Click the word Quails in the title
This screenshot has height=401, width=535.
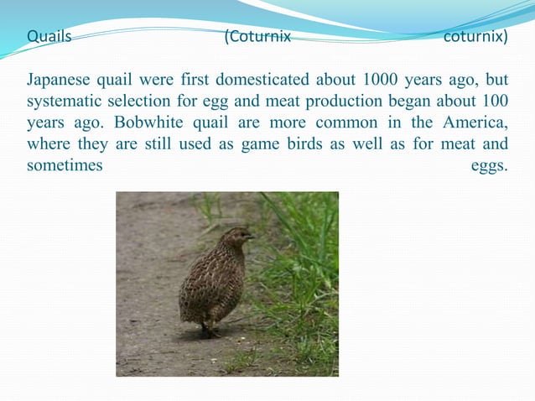pos(49,38)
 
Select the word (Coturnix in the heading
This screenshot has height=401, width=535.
pos(257,38)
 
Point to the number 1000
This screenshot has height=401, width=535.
pos(382,81)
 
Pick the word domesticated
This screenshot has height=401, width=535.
pos(260,81)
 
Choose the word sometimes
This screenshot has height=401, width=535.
pos(65,165)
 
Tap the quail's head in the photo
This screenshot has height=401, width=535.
pos(237,237)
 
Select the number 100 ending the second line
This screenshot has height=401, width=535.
pos(495,102)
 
